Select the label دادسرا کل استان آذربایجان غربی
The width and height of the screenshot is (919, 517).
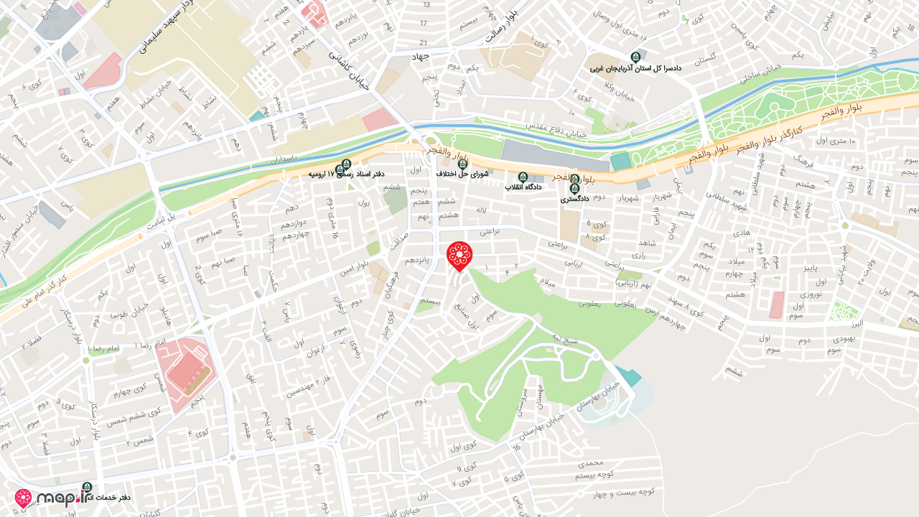635,69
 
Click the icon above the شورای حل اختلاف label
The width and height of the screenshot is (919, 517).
462,164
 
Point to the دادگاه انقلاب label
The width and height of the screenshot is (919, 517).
523,187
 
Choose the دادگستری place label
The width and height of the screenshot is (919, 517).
574,198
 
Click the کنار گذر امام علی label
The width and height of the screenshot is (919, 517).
43,288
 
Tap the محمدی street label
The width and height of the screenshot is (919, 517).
595,464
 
